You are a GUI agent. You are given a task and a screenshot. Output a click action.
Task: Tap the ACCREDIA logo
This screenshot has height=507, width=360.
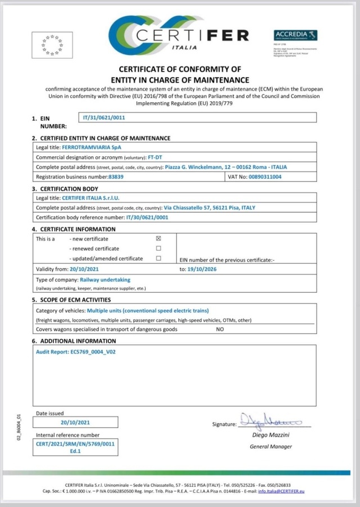point(295,35)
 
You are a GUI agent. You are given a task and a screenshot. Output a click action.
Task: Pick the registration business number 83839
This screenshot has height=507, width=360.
point(116,176)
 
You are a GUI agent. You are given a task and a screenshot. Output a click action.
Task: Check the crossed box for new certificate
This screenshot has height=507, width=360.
point(158,238)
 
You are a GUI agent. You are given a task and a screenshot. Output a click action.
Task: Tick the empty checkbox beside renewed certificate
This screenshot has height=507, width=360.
point(158,248)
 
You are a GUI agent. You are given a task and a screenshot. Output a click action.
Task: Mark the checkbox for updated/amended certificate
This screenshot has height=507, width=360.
point(158,259)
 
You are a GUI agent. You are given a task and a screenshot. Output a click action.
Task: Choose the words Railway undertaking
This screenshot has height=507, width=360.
point(105,279)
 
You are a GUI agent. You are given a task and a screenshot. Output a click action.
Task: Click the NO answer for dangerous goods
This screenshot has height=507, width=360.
point(220,329)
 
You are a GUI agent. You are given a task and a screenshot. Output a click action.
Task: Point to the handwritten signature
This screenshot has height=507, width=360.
point(271,420)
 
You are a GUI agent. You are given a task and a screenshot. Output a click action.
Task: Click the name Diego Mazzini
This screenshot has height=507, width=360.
point(271,436)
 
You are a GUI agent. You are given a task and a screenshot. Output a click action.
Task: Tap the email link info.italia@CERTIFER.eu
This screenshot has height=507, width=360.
point(281,491)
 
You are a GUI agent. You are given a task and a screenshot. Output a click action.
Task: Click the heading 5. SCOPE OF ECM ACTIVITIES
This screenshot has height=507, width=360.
point(71,300)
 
